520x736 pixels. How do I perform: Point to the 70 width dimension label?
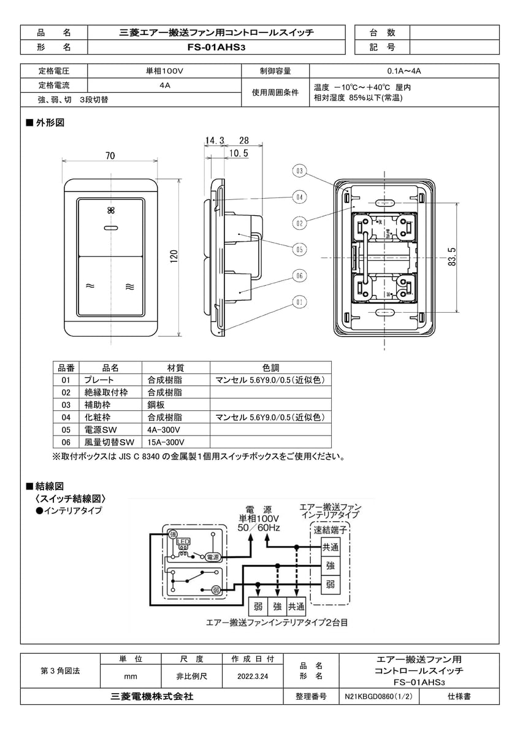(x=110, y=156)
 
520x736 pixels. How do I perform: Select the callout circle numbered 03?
(x=299, y=171)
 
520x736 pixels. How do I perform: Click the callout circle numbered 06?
(x=299, y=276)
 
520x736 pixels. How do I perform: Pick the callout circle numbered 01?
(x=299, y=302)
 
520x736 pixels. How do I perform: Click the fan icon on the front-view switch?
(x=111, y=210)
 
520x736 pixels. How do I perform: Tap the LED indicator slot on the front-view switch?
(x=111, y=228)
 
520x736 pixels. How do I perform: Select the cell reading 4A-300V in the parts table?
(x=162, y=429)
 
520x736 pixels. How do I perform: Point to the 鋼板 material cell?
(x=156, y=405)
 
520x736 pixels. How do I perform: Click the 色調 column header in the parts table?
(x=270, y=368)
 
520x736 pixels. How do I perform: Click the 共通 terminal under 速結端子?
(x=330, y=546)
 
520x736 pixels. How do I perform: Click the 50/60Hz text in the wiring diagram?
(x=259, y=527)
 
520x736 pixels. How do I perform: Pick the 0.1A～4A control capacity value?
(x=403, y=71)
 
